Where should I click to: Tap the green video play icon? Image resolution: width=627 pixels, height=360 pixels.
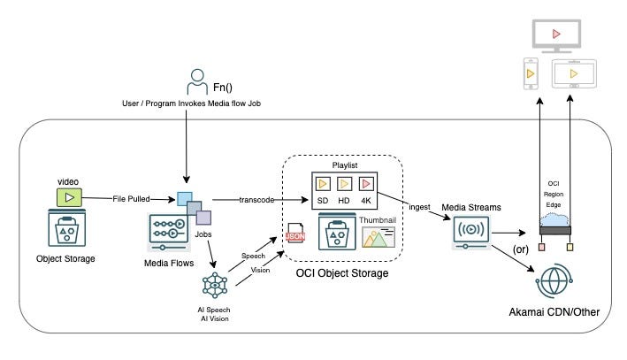click(69, 197)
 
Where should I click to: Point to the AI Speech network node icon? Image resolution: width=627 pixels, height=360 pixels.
click(215, 285)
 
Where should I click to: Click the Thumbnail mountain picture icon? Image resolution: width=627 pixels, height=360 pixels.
click(378, 238)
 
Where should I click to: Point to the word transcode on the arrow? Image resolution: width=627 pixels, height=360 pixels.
click(256, 200)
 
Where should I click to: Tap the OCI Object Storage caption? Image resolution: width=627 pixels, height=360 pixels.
click(343, 273)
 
